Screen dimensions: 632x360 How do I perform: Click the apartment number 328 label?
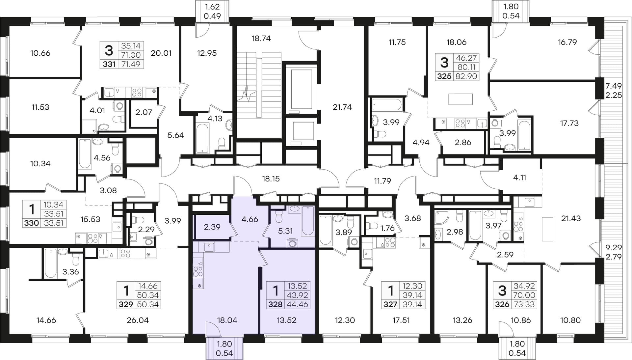(x=275, y=304)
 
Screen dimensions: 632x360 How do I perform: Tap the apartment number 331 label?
(x=109, y=64)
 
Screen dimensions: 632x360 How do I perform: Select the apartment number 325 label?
(x=444, y=76)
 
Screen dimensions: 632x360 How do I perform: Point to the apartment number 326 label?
(x=502, y=304)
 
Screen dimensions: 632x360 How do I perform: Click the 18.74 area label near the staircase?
(x=261, y=39)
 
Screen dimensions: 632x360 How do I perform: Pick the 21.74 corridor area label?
(x=342, y=107)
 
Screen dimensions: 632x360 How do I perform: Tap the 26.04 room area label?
(x=138, y=320)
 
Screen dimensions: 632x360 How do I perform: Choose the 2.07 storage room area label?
(x=144, y=112)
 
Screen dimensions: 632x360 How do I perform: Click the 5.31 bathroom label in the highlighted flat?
(x=285, y=231)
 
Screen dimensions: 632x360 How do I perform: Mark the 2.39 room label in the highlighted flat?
(x=212, y=227)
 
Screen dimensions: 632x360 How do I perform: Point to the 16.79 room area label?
(x=567, y=42)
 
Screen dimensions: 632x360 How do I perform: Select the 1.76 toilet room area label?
(x=387, y=228)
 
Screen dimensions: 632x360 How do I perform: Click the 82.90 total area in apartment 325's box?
(x=466, y=76)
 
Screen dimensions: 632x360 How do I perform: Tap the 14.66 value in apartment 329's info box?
(x=148, y=286)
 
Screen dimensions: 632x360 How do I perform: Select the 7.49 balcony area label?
(x=614, y=86)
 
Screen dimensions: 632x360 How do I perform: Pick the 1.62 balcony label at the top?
(x=212, y=7)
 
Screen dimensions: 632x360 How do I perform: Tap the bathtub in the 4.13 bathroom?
(x=202, y=138)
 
